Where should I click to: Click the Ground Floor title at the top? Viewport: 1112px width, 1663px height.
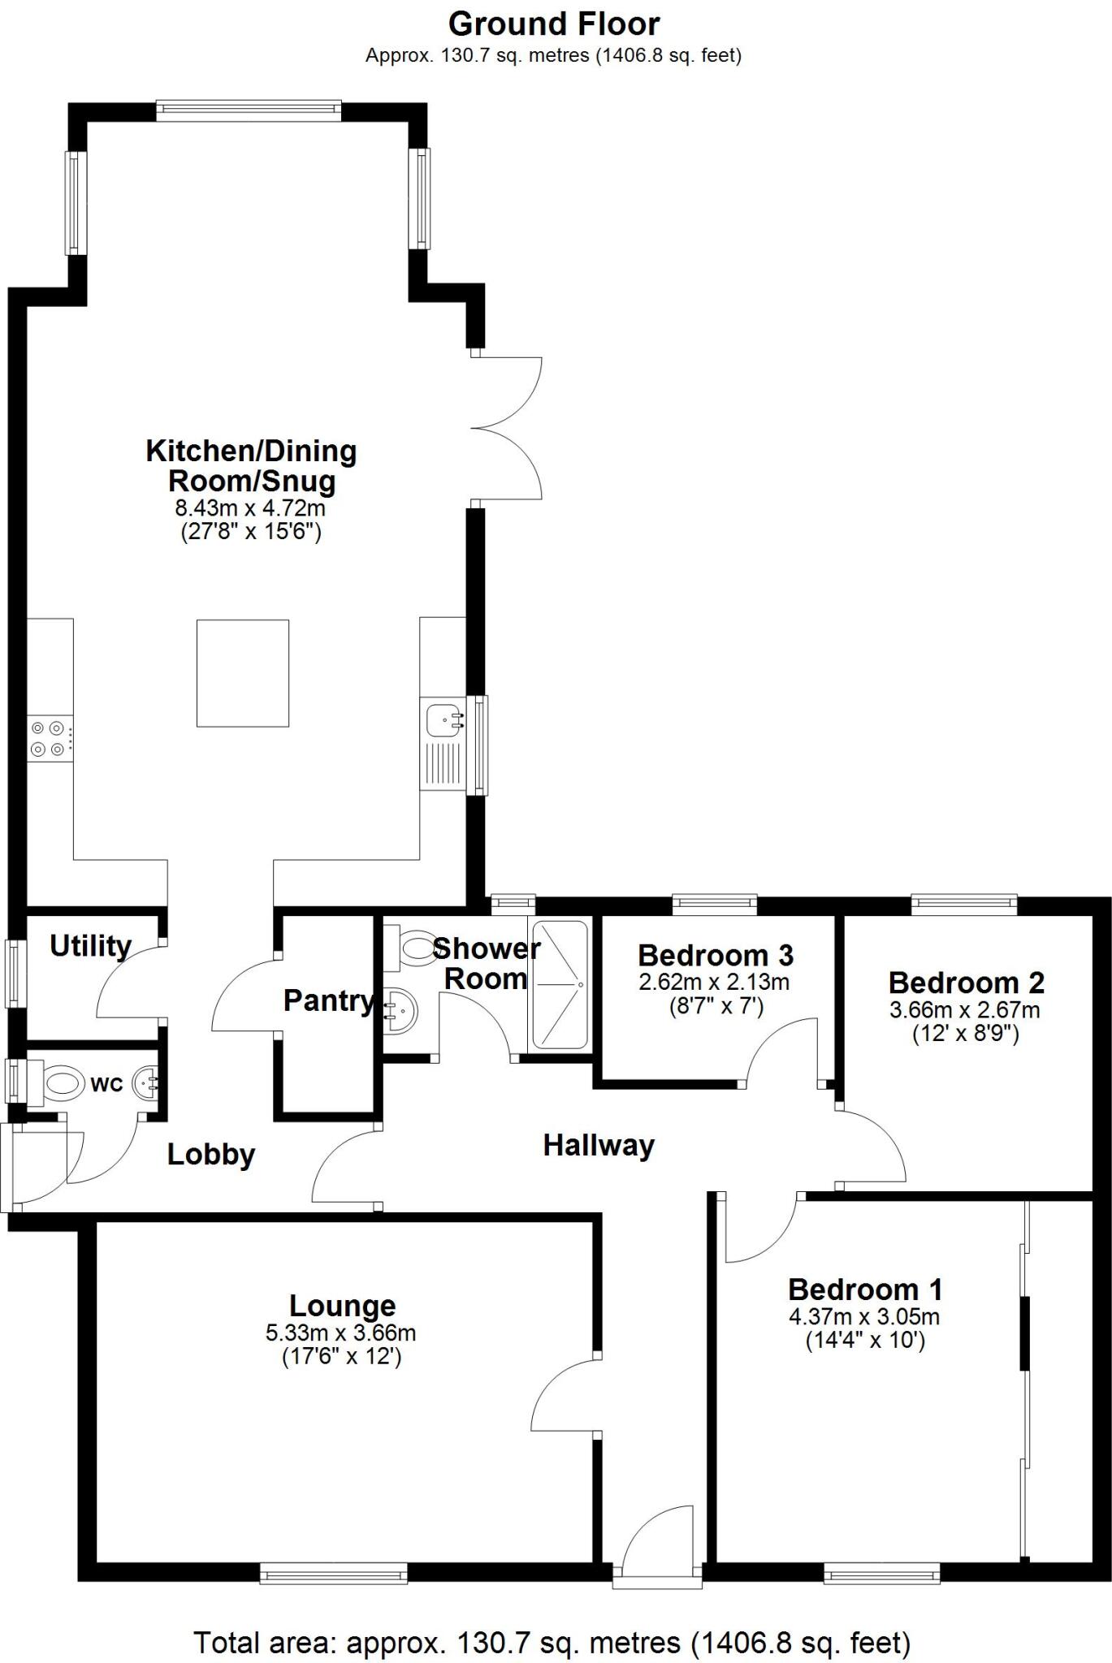(x=553, y=24)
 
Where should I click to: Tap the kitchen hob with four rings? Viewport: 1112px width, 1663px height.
(x=48, y=739)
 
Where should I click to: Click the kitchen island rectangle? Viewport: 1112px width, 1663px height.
(x=243, y=672)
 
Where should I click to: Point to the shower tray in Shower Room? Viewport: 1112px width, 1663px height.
(x=558, y=984)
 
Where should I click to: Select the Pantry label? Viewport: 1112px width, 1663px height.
(x=328, y=1001)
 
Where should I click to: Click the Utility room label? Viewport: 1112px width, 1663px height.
(x=90, y=946)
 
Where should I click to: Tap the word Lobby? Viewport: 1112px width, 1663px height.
(x=211, y=1155)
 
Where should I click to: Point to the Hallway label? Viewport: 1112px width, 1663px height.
(x=599, y=1146)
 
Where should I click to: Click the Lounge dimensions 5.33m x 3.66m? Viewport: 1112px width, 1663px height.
(x=341, y=1333)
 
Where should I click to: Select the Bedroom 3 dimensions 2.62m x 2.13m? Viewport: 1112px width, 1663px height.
(x=714, y=983)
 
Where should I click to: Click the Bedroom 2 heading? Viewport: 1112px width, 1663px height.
(x=966, y=983)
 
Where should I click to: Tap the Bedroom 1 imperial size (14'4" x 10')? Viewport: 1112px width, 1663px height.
(x=865, y=1340)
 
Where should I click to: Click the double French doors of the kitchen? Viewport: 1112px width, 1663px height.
(x=508, y=427)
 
